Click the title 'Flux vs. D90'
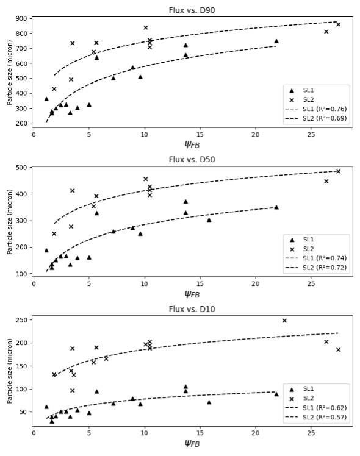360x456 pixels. point(192,10)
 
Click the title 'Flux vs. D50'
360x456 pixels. point(192,159)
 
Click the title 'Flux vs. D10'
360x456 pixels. point(192,309)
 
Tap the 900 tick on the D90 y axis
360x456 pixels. point(21,18)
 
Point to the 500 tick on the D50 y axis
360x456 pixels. point(21,168)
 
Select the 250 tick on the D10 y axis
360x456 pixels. point(21,320)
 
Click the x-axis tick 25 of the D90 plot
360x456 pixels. point(311,134)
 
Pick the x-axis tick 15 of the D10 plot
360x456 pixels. point(200,433)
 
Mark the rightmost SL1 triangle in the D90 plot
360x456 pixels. point(276,41)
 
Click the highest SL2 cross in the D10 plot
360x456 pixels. point(284,321)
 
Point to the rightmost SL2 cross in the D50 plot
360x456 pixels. point(338,171)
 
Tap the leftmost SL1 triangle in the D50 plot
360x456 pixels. point(46,250)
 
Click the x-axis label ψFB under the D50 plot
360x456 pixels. point(192,294)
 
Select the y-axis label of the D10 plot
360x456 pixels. point(10,371)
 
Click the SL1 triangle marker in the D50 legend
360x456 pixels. point(292,240)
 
